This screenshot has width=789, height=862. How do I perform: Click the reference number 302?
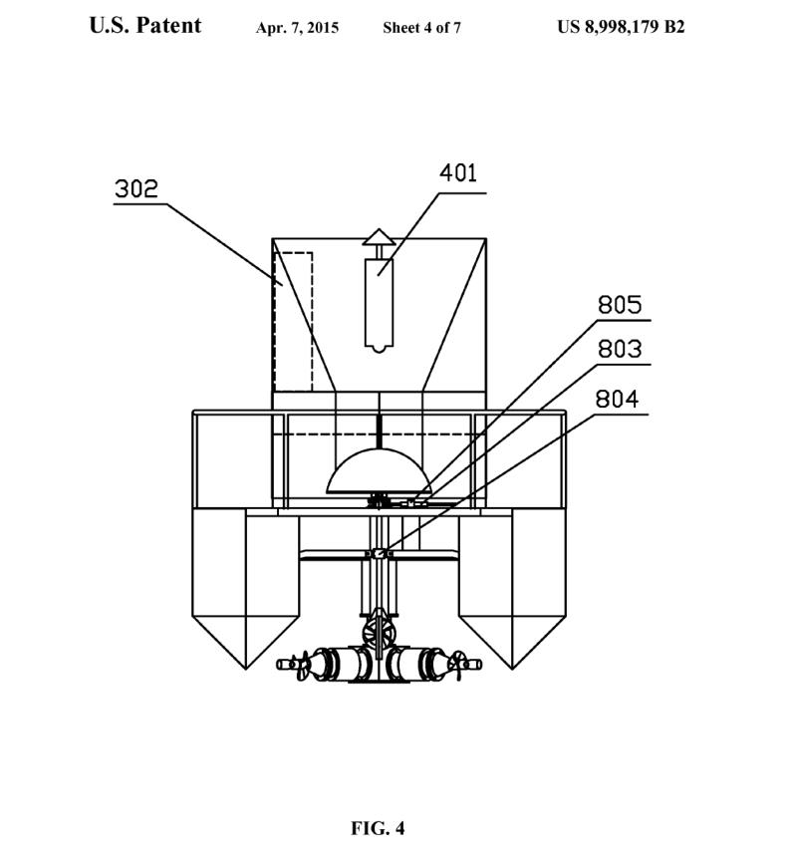135,188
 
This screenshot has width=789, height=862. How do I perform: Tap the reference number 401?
457,172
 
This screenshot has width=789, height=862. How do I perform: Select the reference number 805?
620,305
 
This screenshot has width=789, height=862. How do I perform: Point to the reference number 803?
620,349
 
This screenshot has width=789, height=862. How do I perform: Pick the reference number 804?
617,400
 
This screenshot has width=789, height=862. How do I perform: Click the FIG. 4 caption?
378,827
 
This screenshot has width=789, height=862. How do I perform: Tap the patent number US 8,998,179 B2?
621,26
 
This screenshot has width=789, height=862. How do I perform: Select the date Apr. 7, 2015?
297,28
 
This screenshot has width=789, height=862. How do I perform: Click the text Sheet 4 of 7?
422,28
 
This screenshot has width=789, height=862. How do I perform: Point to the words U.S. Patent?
145,25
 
